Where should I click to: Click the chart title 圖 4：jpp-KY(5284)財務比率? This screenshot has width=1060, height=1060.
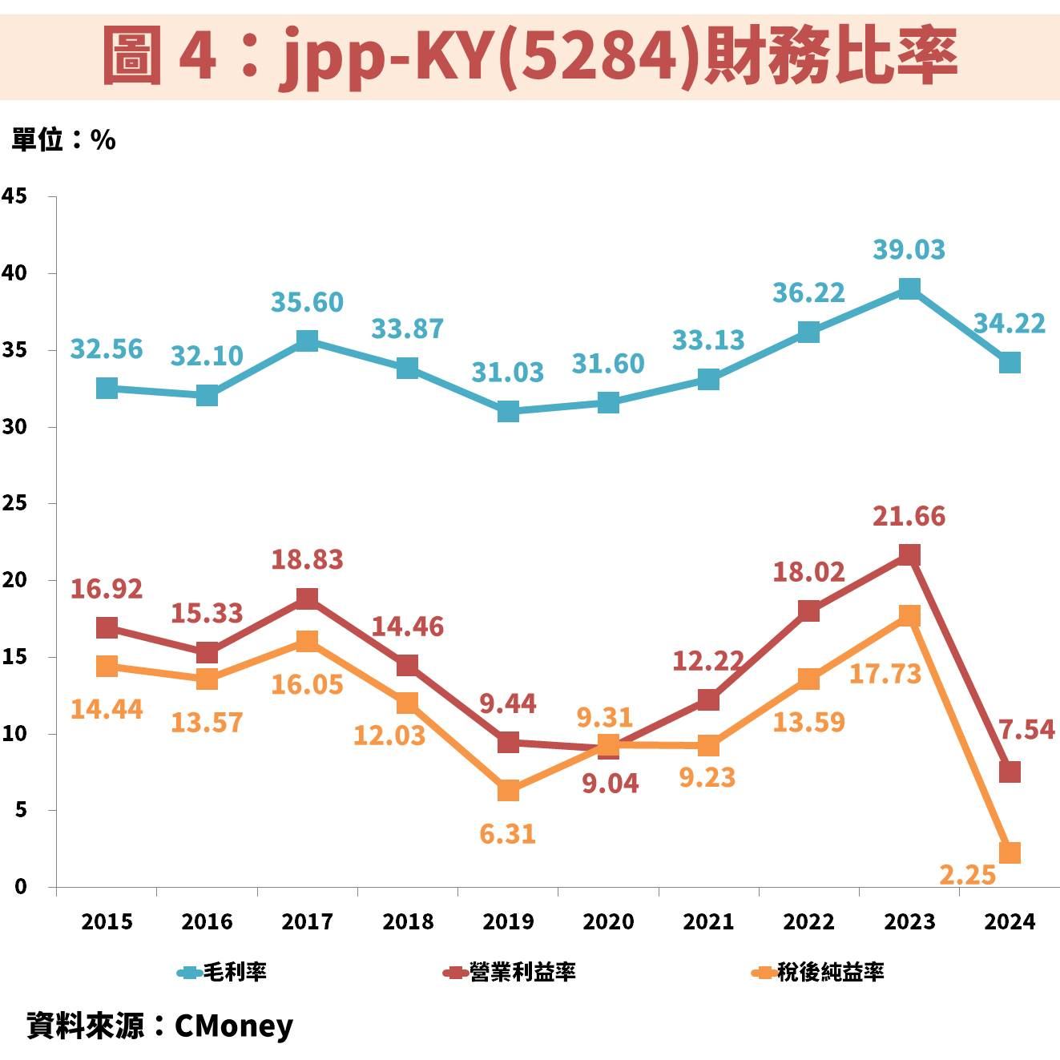click(530, 56)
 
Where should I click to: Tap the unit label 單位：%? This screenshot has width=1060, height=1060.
click(63, 140)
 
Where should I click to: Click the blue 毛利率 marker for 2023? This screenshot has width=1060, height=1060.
click(909, 288)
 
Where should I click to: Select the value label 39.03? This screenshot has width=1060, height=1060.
click(909, 250)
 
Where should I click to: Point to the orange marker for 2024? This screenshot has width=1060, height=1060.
click(1010, 852)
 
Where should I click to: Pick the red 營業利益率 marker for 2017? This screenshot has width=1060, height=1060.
click(307, 599)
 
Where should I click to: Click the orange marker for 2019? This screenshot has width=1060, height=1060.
click(508, 791)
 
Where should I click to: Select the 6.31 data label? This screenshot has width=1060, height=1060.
click(507, 834)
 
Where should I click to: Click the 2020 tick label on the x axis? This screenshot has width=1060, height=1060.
click(608, 921)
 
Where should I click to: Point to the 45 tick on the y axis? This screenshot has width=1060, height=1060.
click(15, 196)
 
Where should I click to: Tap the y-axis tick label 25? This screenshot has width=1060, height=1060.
click(15, 503)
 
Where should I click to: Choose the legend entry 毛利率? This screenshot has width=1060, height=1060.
click(223, 973)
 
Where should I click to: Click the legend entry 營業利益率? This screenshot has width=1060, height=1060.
click(510, 973)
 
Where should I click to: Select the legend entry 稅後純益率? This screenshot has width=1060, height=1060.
click(818, 973)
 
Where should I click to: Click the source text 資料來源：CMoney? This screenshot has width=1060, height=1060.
click(159, 1026)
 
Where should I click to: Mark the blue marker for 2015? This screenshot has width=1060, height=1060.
click(107, 389)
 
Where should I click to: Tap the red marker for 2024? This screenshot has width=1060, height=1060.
click(1010, 772)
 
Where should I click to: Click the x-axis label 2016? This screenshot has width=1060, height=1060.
click(207, 921)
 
